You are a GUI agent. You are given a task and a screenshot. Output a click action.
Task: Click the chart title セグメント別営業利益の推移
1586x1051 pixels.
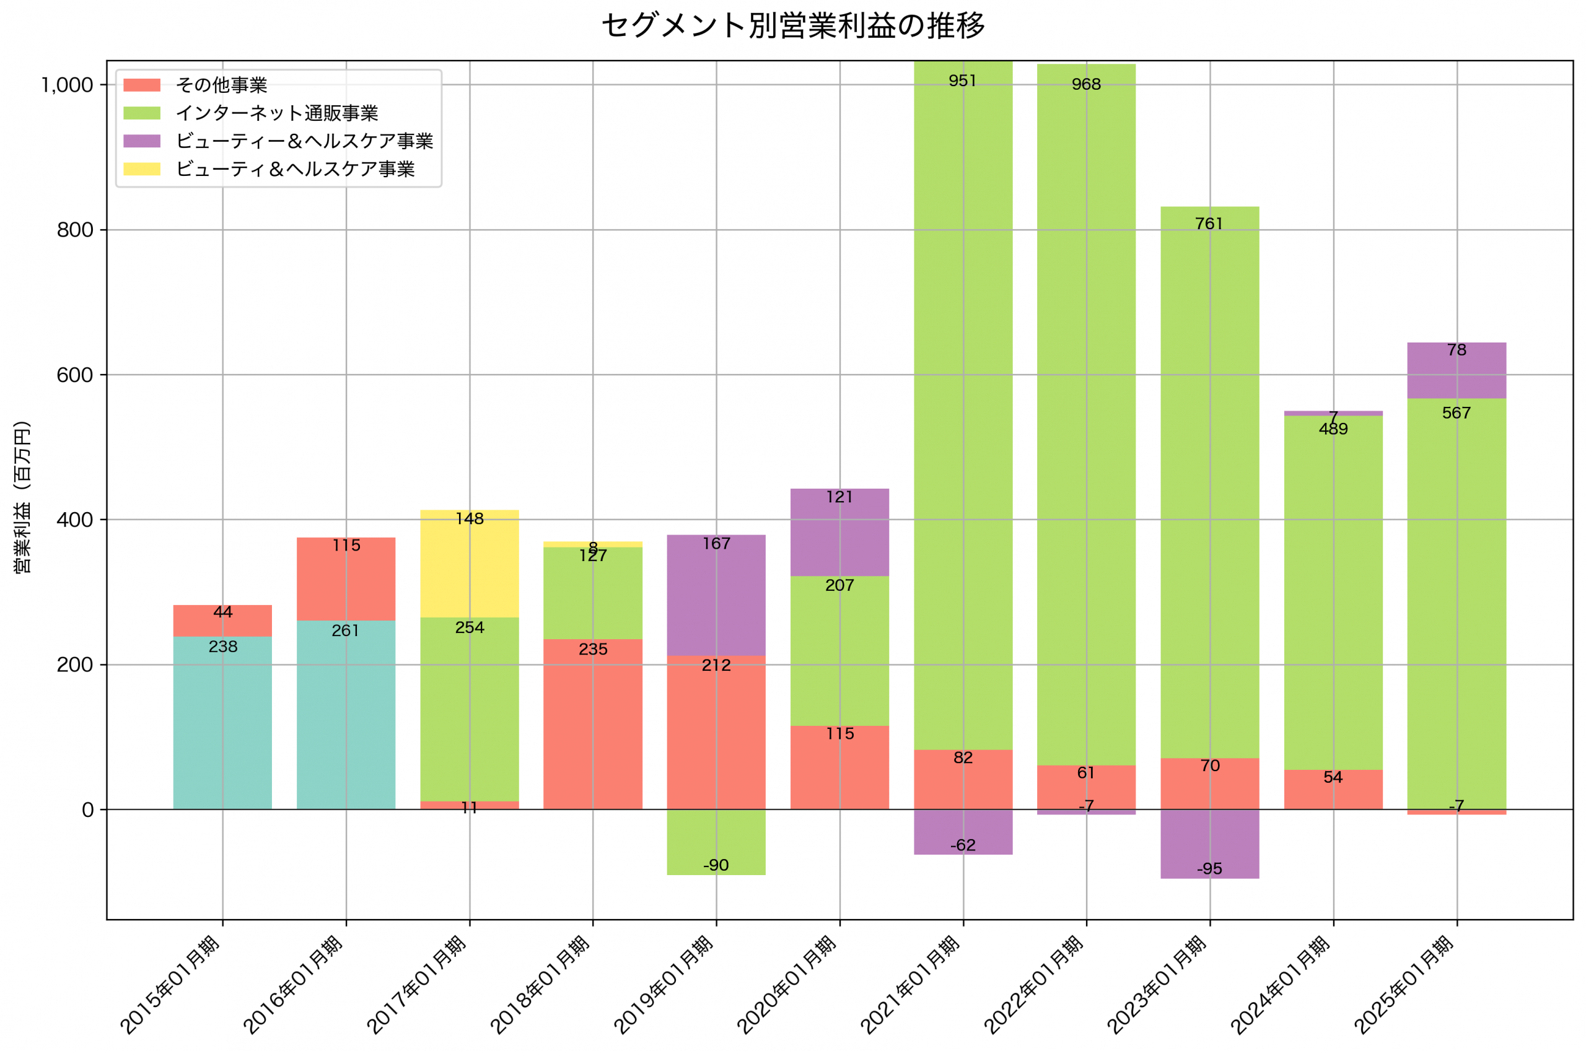(792, 25)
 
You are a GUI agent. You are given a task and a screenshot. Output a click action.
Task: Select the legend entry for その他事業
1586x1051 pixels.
(221, 85)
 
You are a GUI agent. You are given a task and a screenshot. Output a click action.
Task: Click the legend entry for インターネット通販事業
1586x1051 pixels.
(276, 113)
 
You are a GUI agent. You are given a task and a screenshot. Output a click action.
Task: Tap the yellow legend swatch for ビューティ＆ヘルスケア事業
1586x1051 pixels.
(141, 169)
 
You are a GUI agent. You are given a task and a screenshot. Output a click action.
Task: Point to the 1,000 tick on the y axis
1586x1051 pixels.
(67, 85)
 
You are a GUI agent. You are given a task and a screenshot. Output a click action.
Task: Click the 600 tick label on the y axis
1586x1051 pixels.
(74, 375)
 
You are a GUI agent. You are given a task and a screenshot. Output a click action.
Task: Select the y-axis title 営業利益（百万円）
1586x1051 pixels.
(22, 497)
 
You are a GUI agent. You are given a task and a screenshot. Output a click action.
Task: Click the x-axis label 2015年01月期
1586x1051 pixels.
(171, 984)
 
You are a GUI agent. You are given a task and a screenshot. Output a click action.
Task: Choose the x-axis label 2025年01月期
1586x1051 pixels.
(1404, 984)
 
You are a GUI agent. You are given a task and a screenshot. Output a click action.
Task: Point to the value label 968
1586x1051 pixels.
(1086, 84)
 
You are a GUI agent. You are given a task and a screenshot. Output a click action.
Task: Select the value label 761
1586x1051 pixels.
(1209, 224)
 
